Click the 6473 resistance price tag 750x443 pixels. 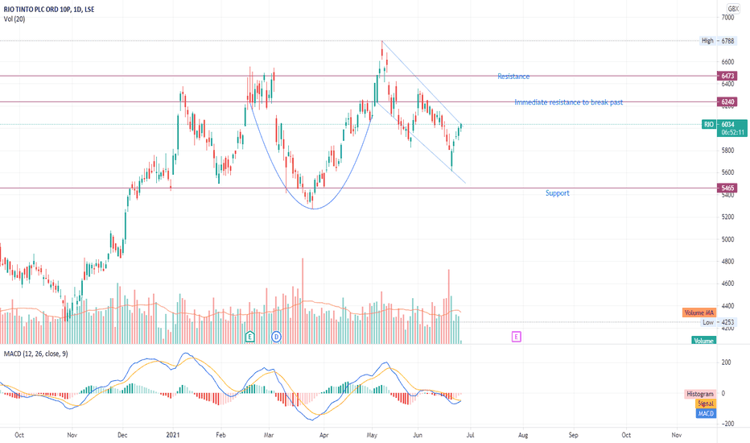point(728,76)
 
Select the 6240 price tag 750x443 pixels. point(728,102)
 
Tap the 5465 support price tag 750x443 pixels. point(728,188)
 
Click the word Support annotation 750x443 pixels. point(557,193)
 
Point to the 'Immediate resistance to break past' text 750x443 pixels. point(568,102)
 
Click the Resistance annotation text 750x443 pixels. point(513,77)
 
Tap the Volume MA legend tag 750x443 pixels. point(698,313)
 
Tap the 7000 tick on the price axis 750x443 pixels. point(728,17)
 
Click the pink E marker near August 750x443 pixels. point(516,336)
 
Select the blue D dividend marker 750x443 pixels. point(276,336)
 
